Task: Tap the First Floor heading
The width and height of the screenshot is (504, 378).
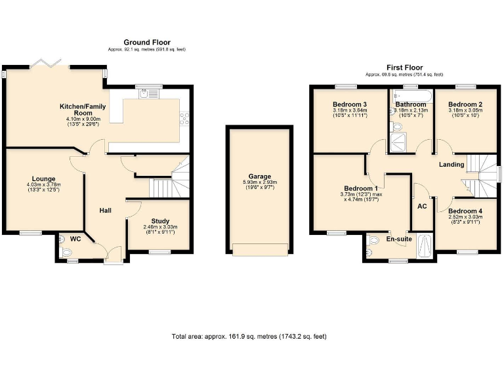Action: click(x=405, y=67)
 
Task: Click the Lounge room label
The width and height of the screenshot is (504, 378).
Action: click(x=43, y=178)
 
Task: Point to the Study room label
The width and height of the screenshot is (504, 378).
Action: click(x=160, y=221)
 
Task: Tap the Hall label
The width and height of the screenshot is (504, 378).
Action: click(x=105, y=210)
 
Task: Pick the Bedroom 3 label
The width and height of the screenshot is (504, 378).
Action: click(x=349, y=104)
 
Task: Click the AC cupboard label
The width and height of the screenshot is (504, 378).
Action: click(x=422, y=205)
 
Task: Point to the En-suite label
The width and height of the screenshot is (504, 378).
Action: click(x=398, y=240)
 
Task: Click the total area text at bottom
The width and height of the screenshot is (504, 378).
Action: click(x=249, y=336)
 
